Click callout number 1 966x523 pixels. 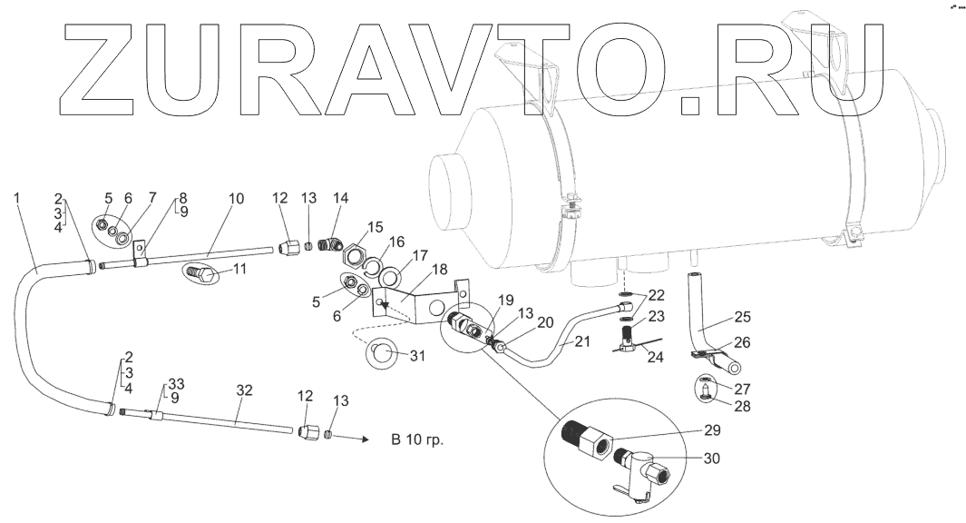[x=19, y=197]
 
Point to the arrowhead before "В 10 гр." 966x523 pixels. [x=365, y=439]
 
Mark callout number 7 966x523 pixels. [x=152, y=197]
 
